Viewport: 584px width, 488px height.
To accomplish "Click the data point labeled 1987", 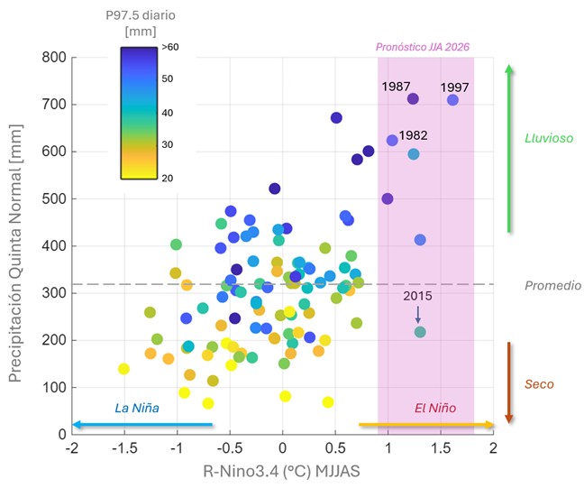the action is tap(413, 99).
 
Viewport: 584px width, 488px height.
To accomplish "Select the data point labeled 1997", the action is tap(452, 100).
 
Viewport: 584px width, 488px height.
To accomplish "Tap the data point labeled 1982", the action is tap(392, 140).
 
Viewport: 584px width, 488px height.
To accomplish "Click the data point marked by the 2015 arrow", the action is tap(420, 332).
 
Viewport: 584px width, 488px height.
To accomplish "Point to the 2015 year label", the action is tap(417, 296).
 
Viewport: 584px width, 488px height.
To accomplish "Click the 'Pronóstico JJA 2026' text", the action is tap(423, 47).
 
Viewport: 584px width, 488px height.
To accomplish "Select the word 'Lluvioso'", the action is tap(549, 138).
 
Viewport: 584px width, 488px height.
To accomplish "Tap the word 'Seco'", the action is tap(539, 384).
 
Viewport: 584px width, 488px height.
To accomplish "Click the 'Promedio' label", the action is tap(553, 286).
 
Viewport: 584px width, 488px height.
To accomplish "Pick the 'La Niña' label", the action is tap(137, 408).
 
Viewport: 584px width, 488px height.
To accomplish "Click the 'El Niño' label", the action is tap(435, 408).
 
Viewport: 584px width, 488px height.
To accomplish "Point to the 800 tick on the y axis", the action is tap(54, 58).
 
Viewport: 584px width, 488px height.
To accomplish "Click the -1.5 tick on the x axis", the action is tap(124, 447).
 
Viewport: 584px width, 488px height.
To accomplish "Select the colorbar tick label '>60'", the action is tap(170, 47).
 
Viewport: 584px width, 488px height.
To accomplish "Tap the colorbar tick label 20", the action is tap(168, 179).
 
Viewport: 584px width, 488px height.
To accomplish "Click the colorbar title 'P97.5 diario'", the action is tap(141, 15).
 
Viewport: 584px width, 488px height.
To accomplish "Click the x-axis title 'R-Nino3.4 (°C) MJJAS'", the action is tap(281, 471).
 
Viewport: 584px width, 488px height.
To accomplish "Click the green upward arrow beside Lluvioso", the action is tap(509, 148).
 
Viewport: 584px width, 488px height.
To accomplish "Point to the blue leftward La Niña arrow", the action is tap(142, 424).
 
